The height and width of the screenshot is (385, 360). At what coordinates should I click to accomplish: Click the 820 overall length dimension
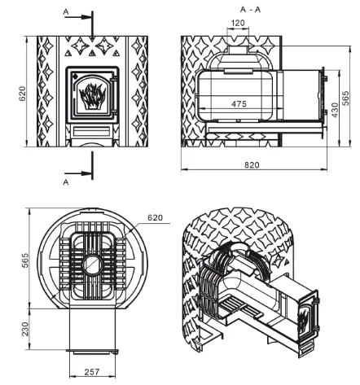(252, 165)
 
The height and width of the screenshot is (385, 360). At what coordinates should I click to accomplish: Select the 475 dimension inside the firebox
(239, 104)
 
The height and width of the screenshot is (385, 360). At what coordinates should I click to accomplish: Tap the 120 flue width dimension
(238, 23)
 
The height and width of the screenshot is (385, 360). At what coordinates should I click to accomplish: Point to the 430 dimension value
(335, 110)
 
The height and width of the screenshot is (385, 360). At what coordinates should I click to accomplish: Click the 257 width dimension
(92, 372)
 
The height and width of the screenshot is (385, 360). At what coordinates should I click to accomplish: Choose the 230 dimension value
(25, 329)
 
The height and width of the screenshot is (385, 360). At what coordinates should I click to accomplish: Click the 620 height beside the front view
(22, 94)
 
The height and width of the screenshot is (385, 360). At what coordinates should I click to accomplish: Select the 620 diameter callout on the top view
(156, 217)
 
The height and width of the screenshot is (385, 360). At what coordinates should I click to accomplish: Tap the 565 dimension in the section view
(345, 98)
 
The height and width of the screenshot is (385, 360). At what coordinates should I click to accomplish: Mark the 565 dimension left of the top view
(25, 260)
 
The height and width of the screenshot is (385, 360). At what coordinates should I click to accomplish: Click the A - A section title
(250, 10)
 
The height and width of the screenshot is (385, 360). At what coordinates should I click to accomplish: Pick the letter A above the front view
(66, 11)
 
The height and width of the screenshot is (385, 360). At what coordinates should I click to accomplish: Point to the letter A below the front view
(66, 182)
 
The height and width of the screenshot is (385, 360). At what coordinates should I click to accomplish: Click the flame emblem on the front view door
(92, 96)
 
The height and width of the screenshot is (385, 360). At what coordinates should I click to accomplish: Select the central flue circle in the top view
(92, 265)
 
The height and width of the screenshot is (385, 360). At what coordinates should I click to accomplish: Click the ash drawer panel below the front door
(92, 131)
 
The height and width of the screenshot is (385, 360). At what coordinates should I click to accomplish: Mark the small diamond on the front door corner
(75, 74)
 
